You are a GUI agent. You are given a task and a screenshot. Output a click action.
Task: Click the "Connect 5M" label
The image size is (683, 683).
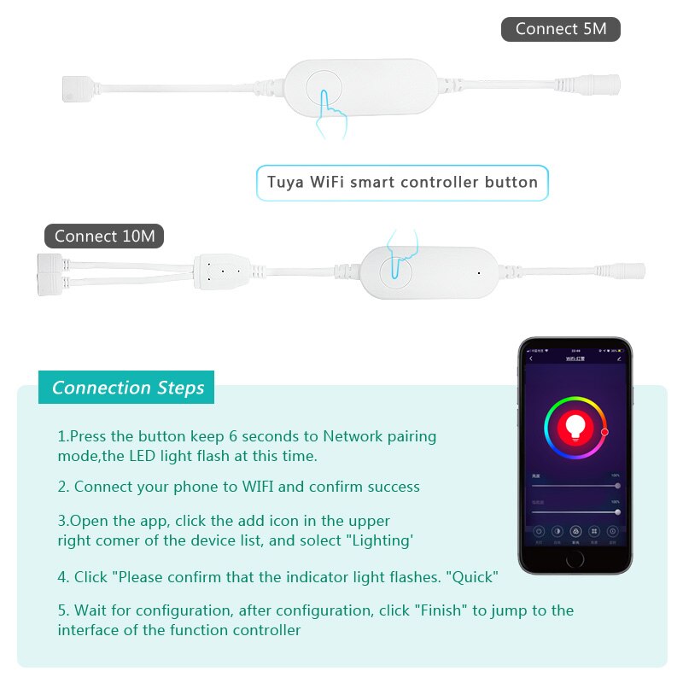[560, 29]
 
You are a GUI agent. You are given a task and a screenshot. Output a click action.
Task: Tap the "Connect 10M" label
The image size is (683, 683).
[104, 236]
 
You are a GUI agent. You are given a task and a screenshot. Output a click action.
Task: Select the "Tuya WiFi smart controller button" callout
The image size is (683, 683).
[402, 182]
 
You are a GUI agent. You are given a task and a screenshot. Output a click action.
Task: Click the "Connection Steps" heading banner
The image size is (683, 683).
[127, 388]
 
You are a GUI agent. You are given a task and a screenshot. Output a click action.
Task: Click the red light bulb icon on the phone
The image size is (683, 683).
[575, 425]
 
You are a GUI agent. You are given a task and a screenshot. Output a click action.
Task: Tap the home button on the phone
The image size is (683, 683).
[575, 558]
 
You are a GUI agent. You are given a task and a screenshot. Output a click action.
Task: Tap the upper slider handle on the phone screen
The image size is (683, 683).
[617, 485]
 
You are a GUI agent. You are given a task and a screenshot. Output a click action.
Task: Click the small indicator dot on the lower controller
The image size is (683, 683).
[479, 273]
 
